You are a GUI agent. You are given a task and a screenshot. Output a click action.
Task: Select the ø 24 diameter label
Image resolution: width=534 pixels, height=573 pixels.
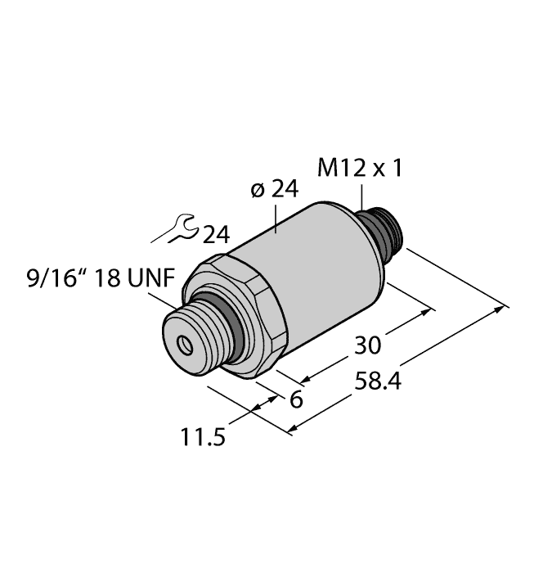pos(273,190)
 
